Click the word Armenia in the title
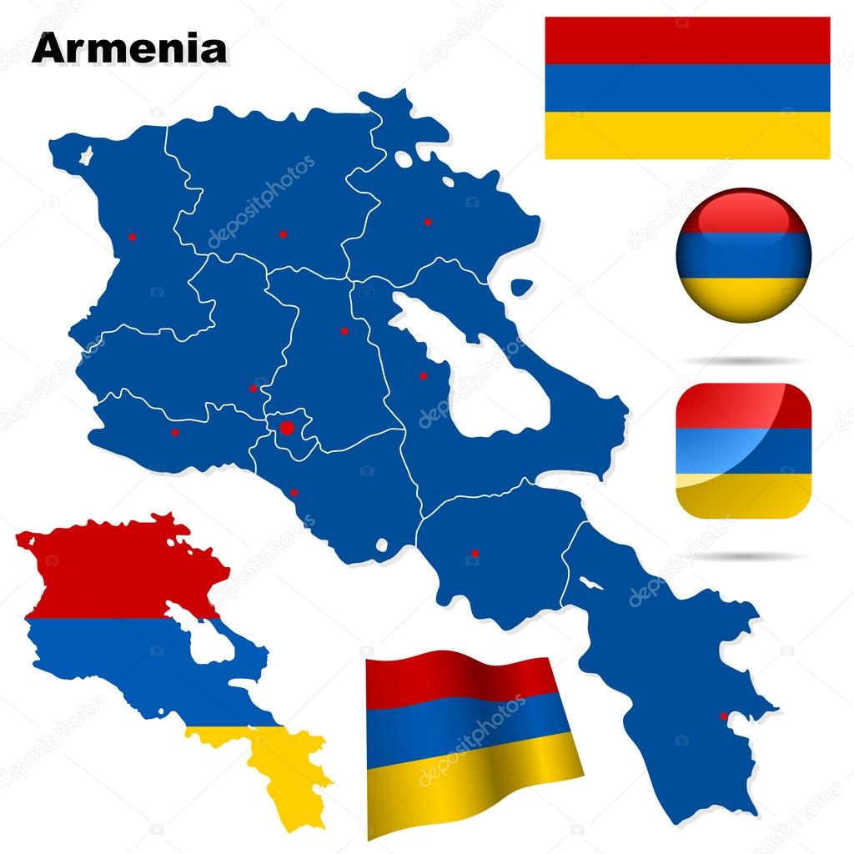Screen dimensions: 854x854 128,48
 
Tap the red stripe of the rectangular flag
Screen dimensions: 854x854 687,40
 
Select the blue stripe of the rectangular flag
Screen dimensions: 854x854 687,88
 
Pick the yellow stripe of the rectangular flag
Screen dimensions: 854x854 687,135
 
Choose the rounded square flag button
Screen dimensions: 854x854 743,450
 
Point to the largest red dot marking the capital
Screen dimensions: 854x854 287,428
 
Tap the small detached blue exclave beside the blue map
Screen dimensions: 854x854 520,287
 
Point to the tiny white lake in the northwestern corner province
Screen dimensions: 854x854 85,154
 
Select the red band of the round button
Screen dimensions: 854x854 742,213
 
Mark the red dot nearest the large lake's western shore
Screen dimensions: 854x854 423,376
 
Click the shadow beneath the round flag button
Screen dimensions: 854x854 743,360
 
